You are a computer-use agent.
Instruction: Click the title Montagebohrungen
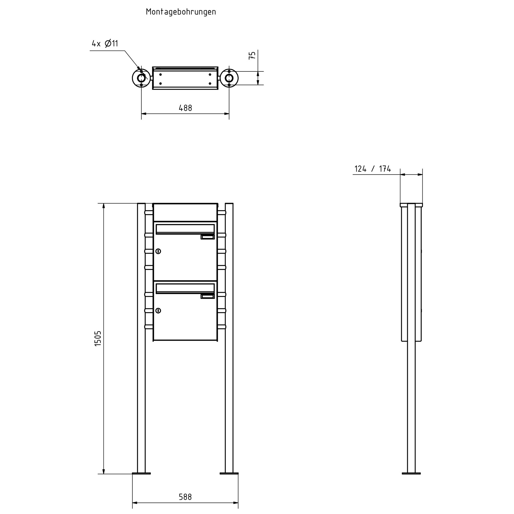pyautogui.click(x=181, y=12)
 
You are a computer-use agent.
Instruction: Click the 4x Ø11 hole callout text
pyautogui.click(x=105, y=43)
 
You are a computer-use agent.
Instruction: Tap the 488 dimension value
pyautogui.click(x=185, y=108)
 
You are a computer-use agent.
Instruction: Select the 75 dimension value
pyautogui.click(x=252, y=55)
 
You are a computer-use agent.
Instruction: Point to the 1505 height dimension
pyautogui.click(x=98, y=339)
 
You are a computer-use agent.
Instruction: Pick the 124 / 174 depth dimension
pyautogui.click(x=373, y=169)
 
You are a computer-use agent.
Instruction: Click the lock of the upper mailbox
pyautogui.click(x=158, y=251)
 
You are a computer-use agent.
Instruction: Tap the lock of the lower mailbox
pyautogui.click(x=158, y=310)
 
